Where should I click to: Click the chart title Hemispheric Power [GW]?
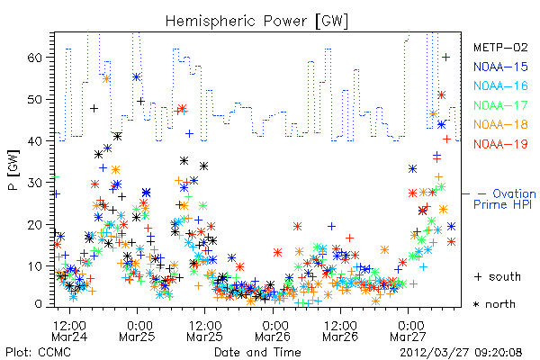click(256, 21)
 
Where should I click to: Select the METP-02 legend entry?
click(500, 47)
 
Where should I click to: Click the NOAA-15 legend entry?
click(500, 67)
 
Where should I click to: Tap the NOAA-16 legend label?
click(500, 85)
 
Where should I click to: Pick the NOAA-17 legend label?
click(500, 105)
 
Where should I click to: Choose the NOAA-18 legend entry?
click(500, 124)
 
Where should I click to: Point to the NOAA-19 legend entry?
click(500, 144)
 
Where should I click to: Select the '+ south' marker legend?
click(498, 276)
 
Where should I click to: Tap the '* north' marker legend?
click(494, 304)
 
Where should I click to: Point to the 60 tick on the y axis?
click(36, 58)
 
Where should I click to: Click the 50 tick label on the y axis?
click(36, 99)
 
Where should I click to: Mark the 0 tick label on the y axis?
click(39, 304)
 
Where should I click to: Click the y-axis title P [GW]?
click(13, 170)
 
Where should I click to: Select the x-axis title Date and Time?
click(257, 353)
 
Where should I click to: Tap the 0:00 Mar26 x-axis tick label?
click(273, 330)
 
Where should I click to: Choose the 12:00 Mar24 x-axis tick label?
click(69, 330)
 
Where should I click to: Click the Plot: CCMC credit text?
click(38, 353)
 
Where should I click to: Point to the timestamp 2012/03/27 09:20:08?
click(461, 353)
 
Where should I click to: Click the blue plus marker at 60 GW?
click(446, 58)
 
